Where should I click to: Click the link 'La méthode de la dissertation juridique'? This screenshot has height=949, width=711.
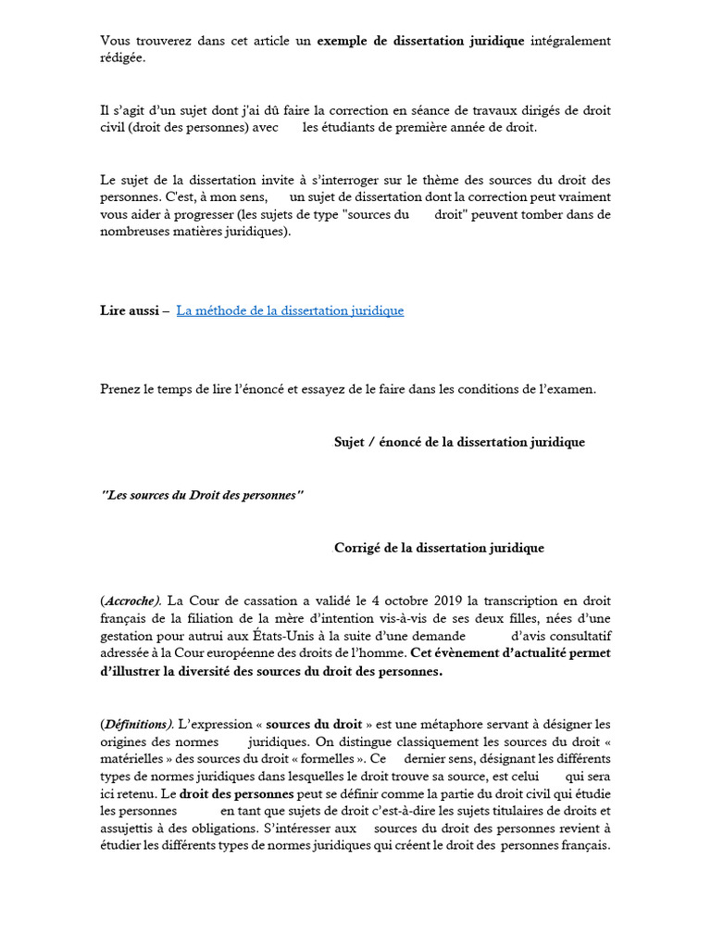[x=290, y=310]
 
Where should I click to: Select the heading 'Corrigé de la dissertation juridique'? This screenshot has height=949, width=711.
[x=439, y=548]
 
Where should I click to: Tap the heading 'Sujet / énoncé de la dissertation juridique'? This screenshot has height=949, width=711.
[x=459, y=442]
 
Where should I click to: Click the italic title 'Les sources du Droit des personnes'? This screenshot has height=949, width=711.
[x=202, y=495]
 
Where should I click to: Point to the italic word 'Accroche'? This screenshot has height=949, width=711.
[x=131, y=601]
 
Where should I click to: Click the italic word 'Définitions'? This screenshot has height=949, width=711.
[x=136, y=724]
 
